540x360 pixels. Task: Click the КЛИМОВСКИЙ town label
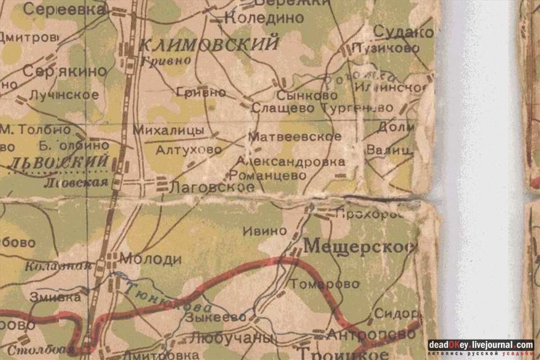click(x=209, y=44)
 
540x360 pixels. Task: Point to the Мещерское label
click(x=359, y=246)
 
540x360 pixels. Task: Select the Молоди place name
click(x=151, y=259)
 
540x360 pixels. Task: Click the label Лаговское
click(x=212, y=187)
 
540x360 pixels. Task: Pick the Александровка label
click(x=290, y=161)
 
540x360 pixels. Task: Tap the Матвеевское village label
click(x=295, y=137)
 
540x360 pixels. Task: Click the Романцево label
click(x=268, y=175)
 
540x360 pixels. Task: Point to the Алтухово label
click(x=188, y=150)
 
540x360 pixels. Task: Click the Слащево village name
click(x=283, y=109)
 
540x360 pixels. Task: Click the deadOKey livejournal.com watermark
click(x=481, y=346)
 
